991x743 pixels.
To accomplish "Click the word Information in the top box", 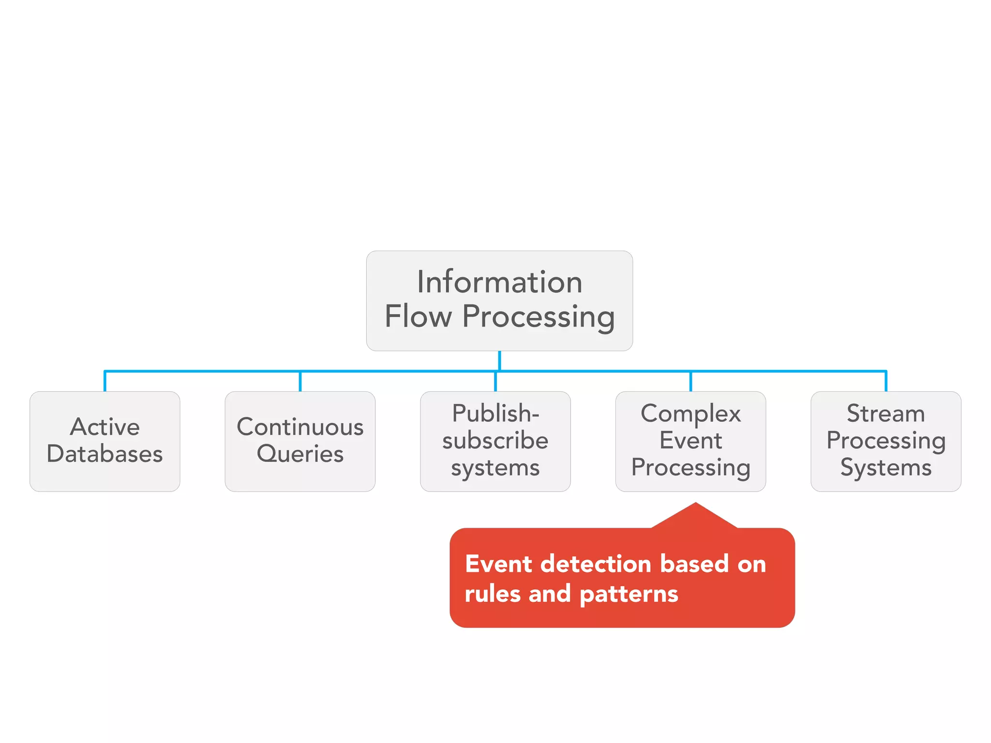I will click(499, 282).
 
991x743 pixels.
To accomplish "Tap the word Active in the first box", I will click(105, 427).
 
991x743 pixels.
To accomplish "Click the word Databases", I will click(105, 454).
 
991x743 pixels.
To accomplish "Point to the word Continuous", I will click(300, 427).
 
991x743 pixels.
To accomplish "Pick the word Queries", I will click(300, 454).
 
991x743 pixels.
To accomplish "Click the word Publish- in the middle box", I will click(495, 414).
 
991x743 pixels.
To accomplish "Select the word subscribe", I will click(495, 441).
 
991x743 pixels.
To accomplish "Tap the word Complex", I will click(691, 414).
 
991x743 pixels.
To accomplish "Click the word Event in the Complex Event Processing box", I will click(691, 441).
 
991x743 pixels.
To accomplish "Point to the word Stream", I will click(886, 414).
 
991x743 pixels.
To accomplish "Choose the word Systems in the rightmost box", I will click(886, 468).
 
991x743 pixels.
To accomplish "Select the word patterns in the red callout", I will click(629, 594).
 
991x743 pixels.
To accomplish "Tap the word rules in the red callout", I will click(492, 594).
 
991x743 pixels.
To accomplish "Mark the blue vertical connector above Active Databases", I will click(105, 382).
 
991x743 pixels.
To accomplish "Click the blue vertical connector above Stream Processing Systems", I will click(886, 382).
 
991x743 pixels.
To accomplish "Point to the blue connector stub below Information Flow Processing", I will click(499, 360).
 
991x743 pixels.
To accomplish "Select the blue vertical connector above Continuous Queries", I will click(300, 382).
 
